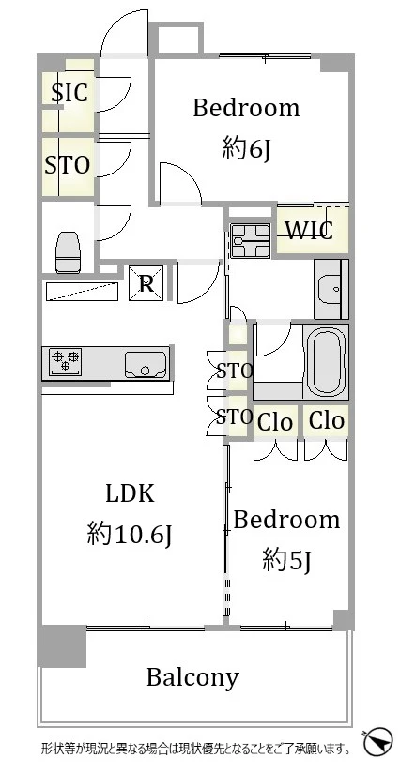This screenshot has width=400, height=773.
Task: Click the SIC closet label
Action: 70,93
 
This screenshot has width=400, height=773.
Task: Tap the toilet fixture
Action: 68,252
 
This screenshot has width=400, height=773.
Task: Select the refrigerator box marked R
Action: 146,283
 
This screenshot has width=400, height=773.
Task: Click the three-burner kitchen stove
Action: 65,361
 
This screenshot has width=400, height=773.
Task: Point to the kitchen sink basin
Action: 146,365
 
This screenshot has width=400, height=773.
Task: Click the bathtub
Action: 325,360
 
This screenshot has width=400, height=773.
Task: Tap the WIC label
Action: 309,230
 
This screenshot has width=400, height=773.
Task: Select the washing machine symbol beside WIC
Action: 251,240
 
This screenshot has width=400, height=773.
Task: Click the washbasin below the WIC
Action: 331,289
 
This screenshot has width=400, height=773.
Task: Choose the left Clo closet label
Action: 275,422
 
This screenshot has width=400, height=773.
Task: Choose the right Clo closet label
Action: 326,420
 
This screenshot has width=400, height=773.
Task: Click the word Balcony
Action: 192,679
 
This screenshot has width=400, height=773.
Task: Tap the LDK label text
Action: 131,493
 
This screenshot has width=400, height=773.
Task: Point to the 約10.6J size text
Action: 130,535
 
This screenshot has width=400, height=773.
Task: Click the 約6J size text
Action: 246,148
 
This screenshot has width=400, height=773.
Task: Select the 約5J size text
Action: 286,559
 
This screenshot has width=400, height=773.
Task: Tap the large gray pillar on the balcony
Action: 62,645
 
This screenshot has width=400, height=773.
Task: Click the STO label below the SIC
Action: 68,165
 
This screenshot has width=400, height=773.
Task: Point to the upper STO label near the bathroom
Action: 235,371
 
